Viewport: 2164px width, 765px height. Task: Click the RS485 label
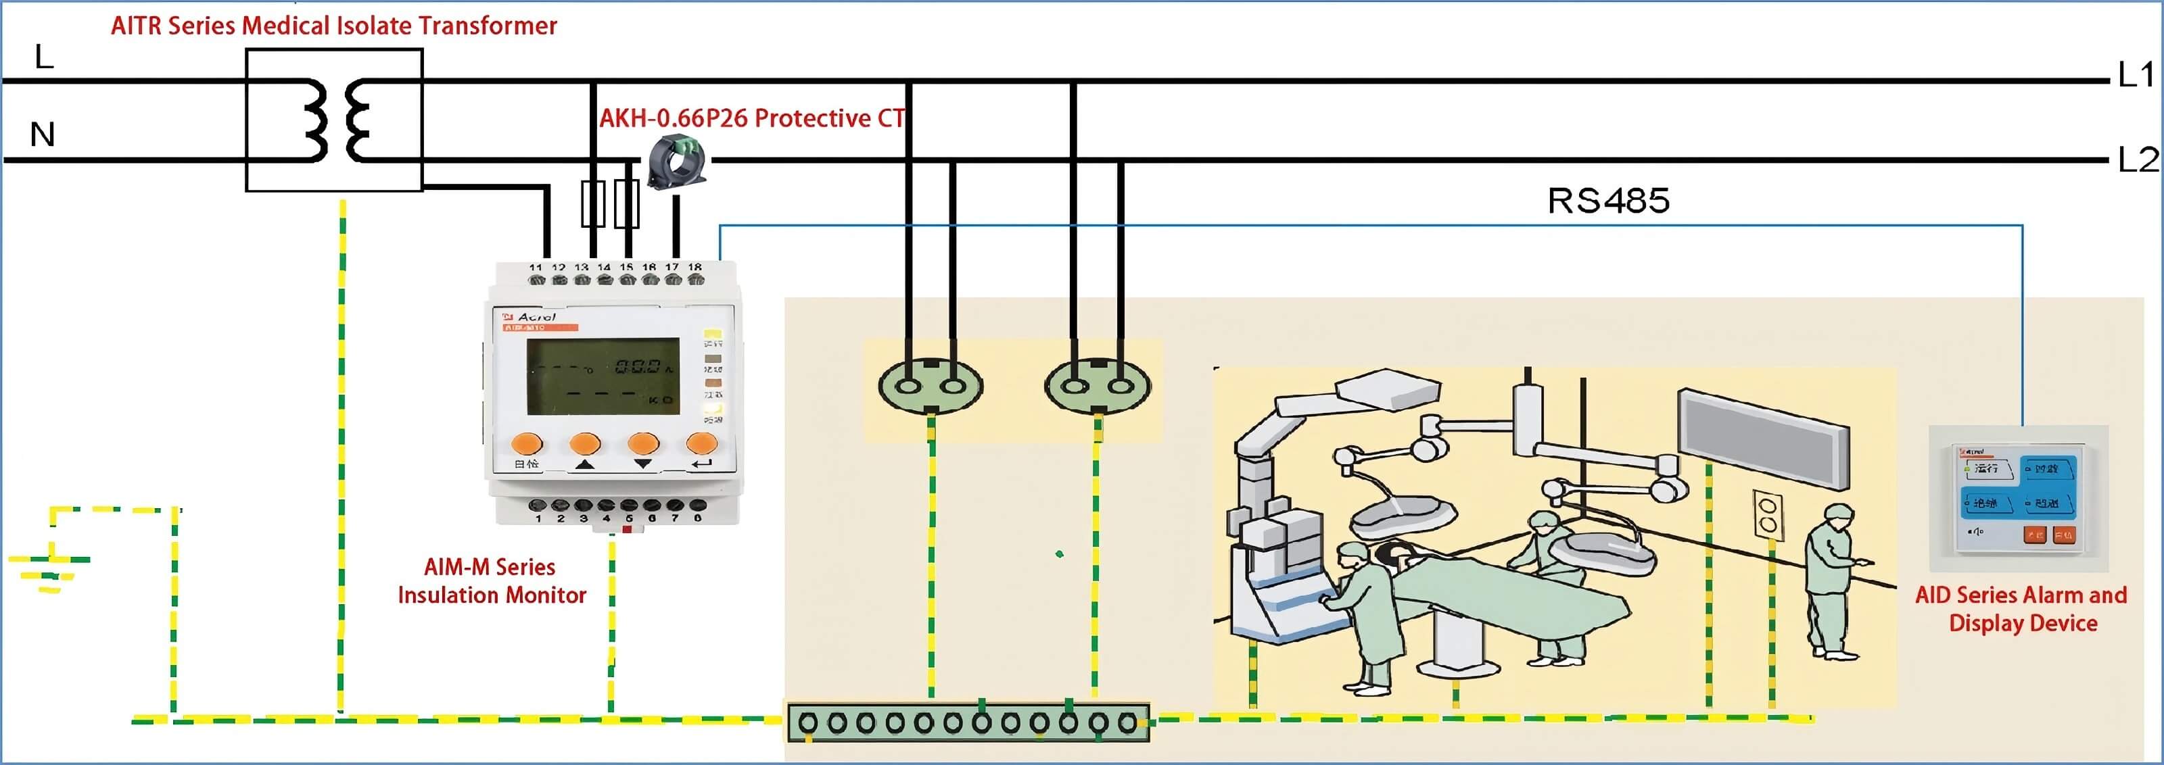click(1608, 201)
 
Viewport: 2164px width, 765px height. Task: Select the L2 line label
click(2136, 159)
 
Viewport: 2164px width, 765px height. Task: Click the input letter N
click(42, 134)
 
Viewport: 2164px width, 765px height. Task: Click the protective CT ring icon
click(676, 162)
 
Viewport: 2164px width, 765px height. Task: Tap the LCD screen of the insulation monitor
click(603, 376)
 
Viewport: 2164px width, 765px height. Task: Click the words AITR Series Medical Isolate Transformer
click(333, 26)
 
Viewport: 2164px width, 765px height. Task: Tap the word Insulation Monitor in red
click(492, 595)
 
